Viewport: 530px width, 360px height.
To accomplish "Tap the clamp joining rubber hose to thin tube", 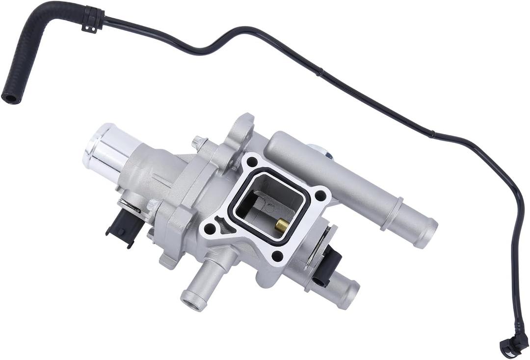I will click(92, 19).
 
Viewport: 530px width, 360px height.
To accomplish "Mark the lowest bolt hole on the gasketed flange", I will click(277, 255).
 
